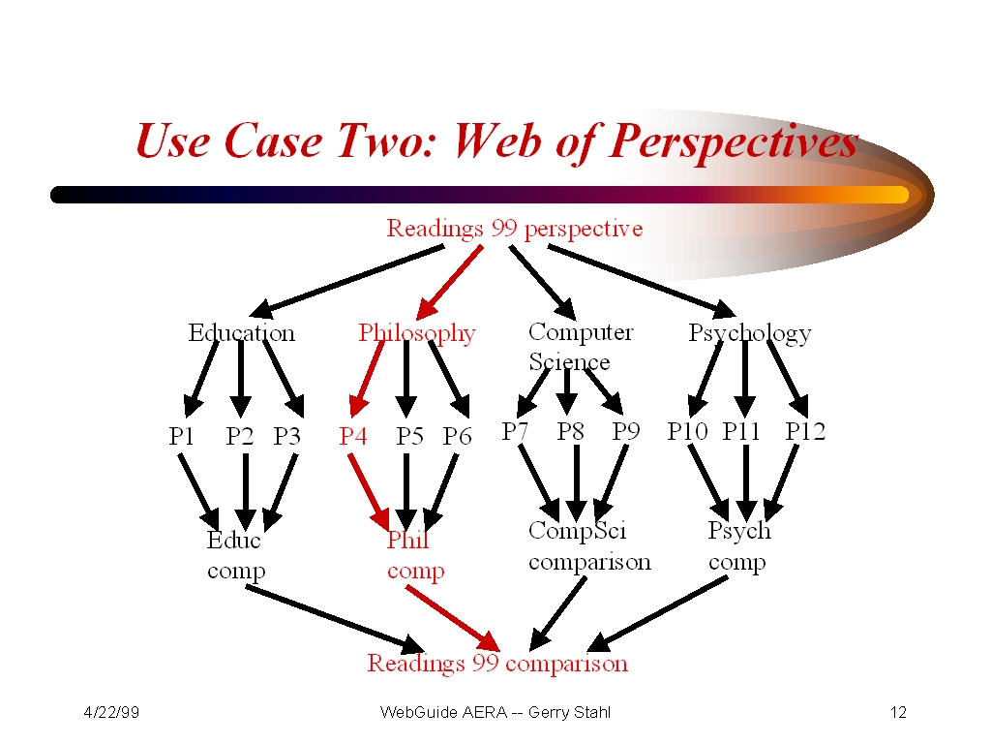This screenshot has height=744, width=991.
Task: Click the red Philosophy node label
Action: pos(417,333)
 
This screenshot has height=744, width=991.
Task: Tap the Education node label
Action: pos(241,333)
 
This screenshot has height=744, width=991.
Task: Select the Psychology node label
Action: pos(750,333)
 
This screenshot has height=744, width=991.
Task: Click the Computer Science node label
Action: pos(581,346)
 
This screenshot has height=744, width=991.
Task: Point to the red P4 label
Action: pos(352,436)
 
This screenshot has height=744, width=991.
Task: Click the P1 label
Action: pos(181,436)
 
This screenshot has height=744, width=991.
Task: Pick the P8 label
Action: pos(570,431)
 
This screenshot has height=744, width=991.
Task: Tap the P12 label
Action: pos(805,431)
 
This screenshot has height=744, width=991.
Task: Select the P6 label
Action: pos(457,436)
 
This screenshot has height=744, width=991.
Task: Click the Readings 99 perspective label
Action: pos(515,229)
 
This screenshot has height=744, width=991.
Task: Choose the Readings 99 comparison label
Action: pos(498,664)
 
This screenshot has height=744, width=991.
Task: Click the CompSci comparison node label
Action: pos(589,546)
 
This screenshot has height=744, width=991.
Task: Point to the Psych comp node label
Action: pos(739,546)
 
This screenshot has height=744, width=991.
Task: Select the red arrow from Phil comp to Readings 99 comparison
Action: pos(453,619)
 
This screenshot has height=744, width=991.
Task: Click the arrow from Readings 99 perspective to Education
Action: pos(346,282)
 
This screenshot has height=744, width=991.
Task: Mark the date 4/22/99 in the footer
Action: pos(111,712)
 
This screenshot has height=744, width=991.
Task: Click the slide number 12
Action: pos(898,712)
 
